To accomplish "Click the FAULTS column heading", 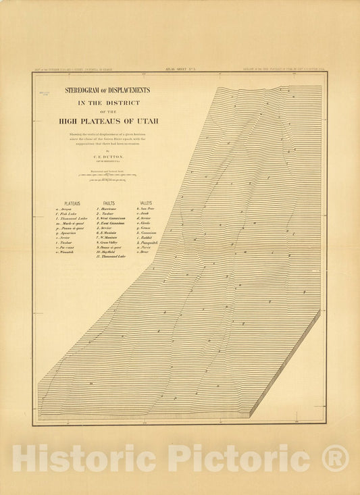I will (x=109, y=203).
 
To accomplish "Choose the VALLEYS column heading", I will (x=145, y=203).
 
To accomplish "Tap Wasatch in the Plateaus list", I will (x=68, y=252).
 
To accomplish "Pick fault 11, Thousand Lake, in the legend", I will (x=112, y=257).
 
